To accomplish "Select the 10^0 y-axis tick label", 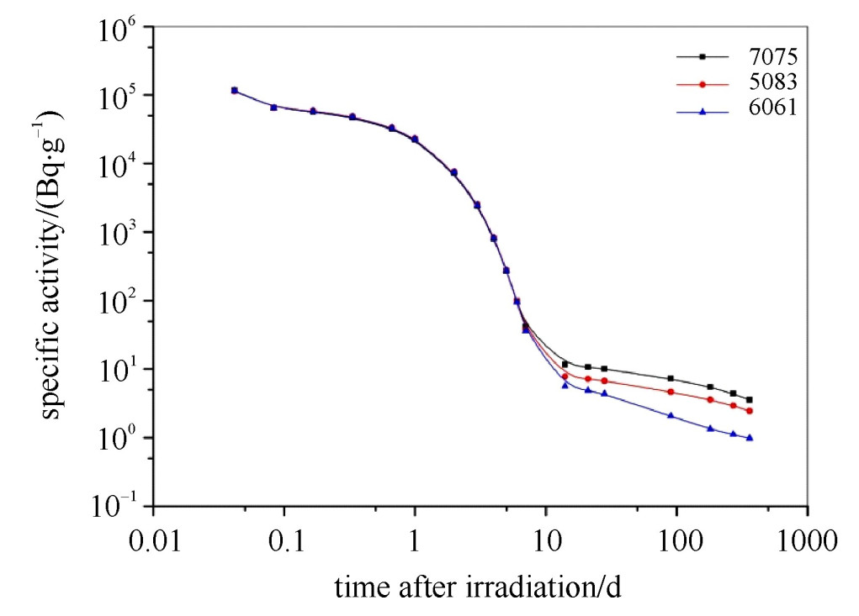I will pos(114,439).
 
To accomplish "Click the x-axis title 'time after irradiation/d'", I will pos(478,587).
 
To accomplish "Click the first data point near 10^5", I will pos(235,90).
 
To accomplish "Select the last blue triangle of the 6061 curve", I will pos(749,438).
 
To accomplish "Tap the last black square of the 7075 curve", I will pos(749,400).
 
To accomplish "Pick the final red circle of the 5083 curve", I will pos(749,411).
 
